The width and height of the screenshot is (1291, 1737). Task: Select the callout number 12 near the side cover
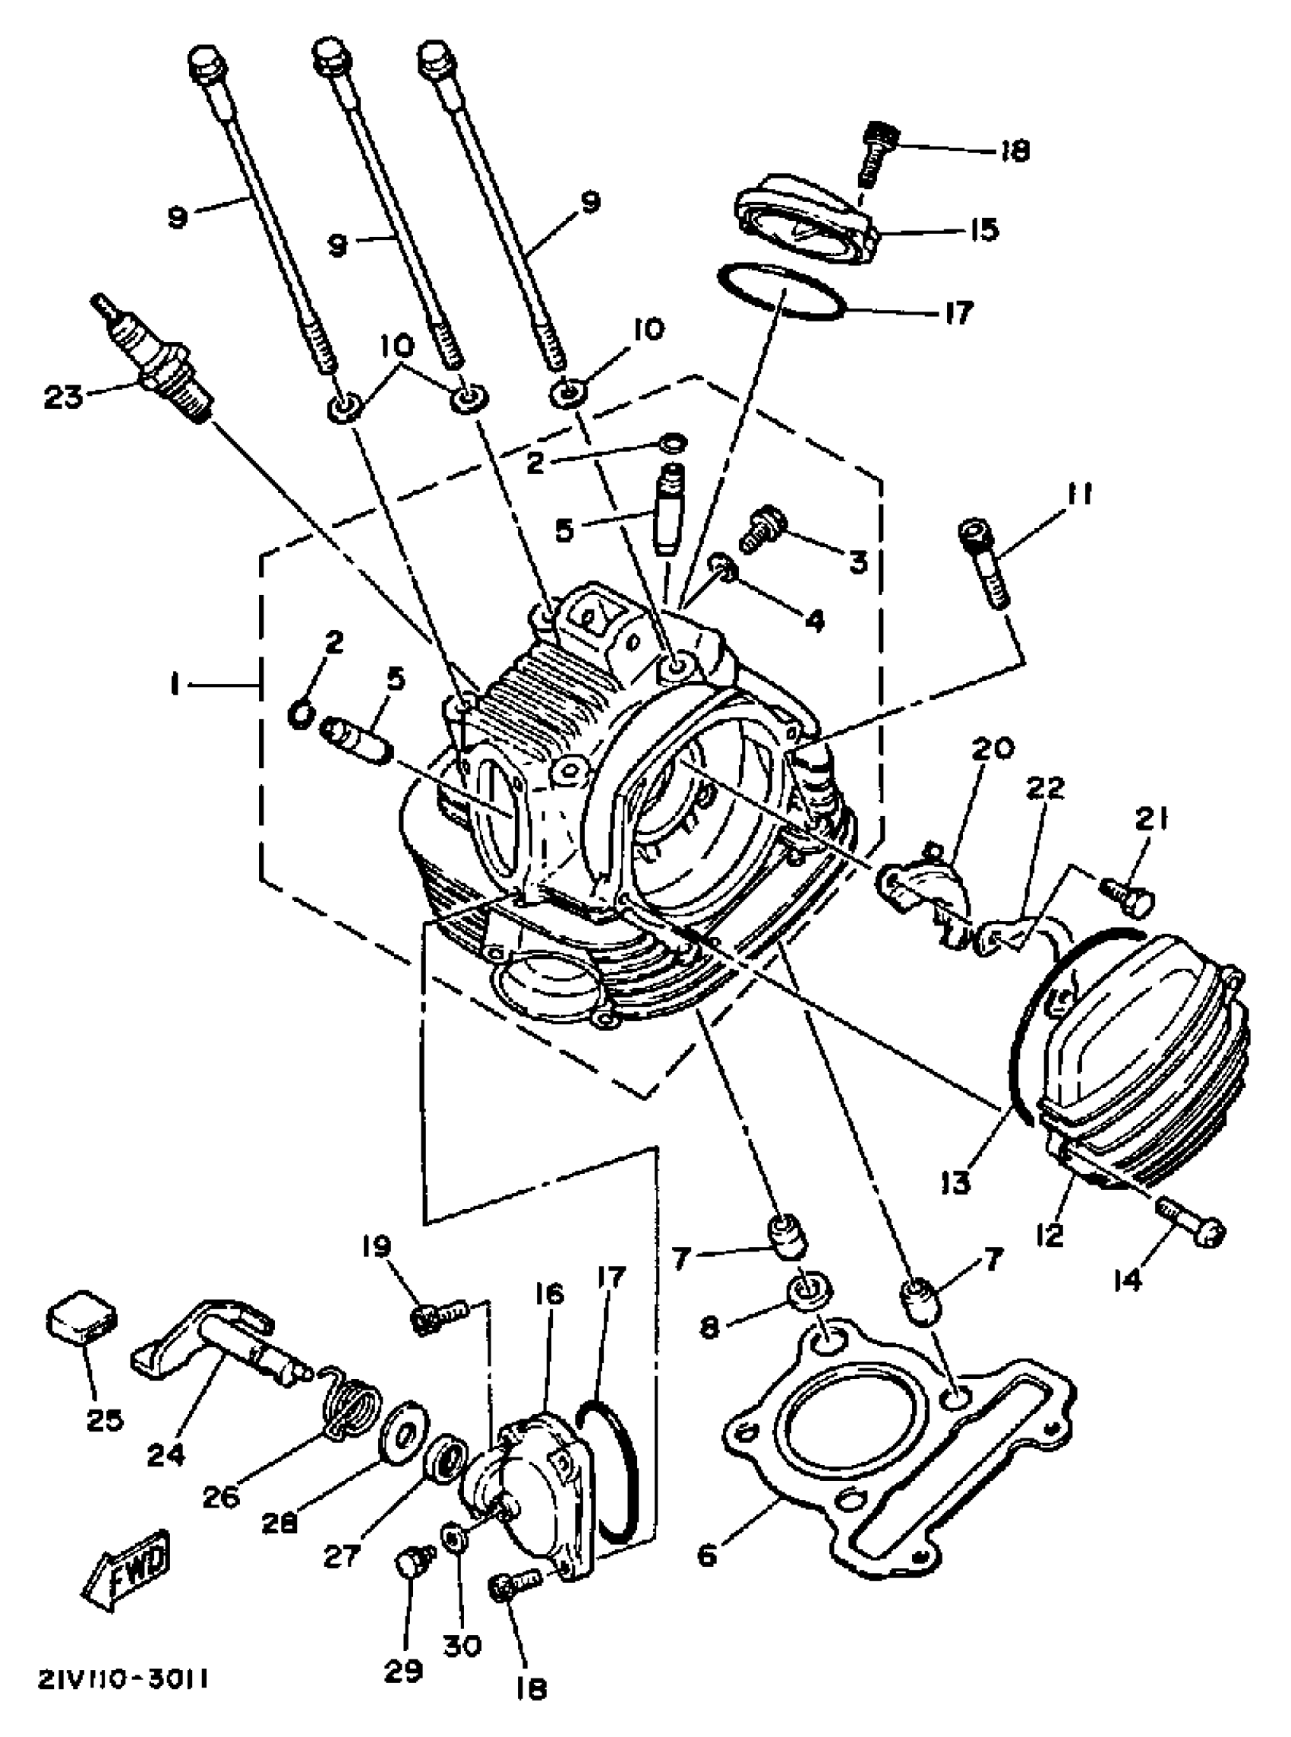pos(1053,1236)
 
